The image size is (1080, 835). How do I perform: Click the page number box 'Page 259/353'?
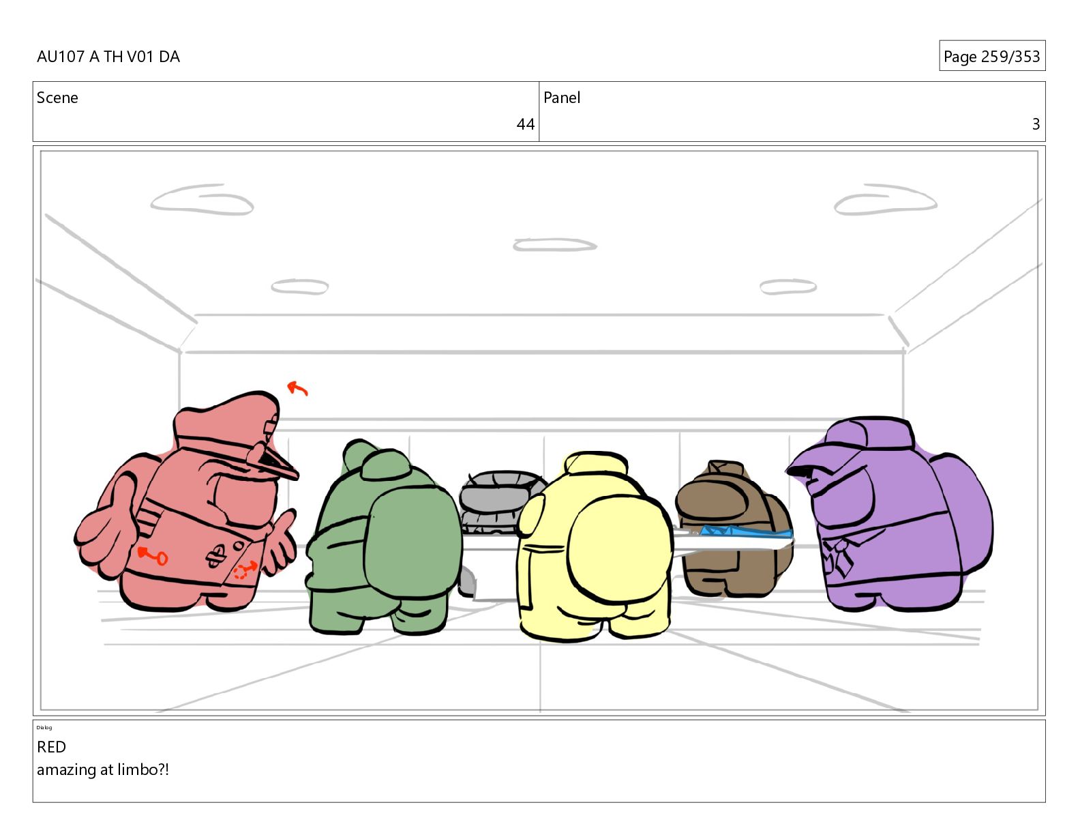992,56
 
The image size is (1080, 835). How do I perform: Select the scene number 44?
525,124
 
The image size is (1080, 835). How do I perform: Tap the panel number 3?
1036,124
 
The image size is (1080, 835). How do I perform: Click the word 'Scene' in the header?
57,98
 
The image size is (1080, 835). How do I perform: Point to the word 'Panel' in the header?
562,98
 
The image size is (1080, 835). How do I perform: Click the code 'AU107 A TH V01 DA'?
108,56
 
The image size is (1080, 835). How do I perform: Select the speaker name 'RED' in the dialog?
51,746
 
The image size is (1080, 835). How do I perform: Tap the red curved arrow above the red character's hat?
297,388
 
